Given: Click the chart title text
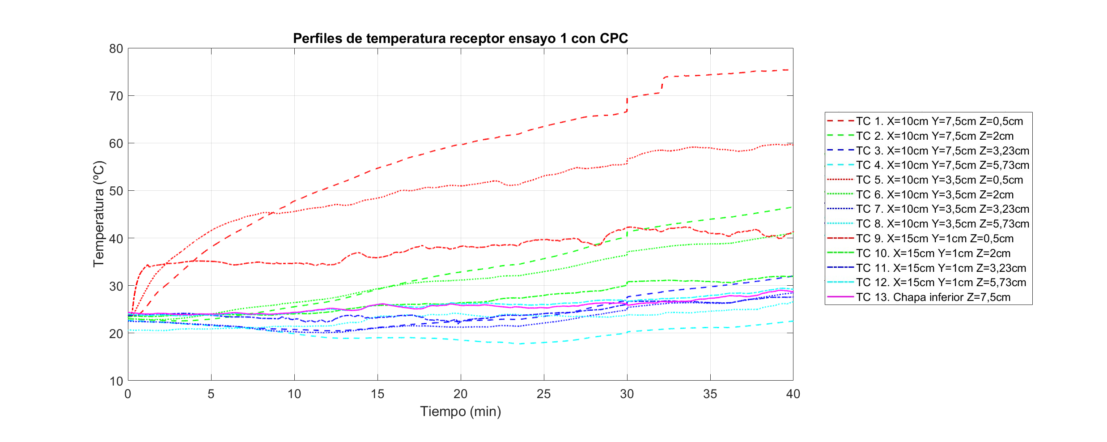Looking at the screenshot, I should pos(460,39).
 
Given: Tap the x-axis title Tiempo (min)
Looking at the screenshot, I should pos(460,411).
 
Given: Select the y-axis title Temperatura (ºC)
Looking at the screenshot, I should pos(98,214).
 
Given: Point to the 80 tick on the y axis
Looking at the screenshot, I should pos(116,48).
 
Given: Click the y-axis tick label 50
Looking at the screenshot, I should pos(116,191).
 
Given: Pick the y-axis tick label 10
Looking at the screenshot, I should pos(116,381).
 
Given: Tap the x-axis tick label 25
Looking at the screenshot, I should pos(543,394).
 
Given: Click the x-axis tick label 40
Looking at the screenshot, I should pos(793,394).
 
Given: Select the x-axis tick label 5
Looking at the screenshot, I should pos(211,394).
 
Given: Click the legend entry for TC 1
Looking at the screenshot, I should pos(939,121).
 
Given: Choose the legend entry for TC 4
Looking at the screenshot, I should pos(942,165).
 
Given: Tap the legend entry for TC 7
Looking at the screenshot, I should pos(942,209).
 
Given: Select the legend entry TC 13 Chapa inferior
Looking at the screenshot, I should pos(933,297).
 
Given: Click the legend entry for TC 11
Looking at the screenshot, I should pos(941,268).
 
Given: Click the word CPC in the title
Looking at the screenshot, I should pos(614,39).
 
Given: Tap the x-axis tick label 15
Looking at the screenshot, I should pos(377,394).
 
